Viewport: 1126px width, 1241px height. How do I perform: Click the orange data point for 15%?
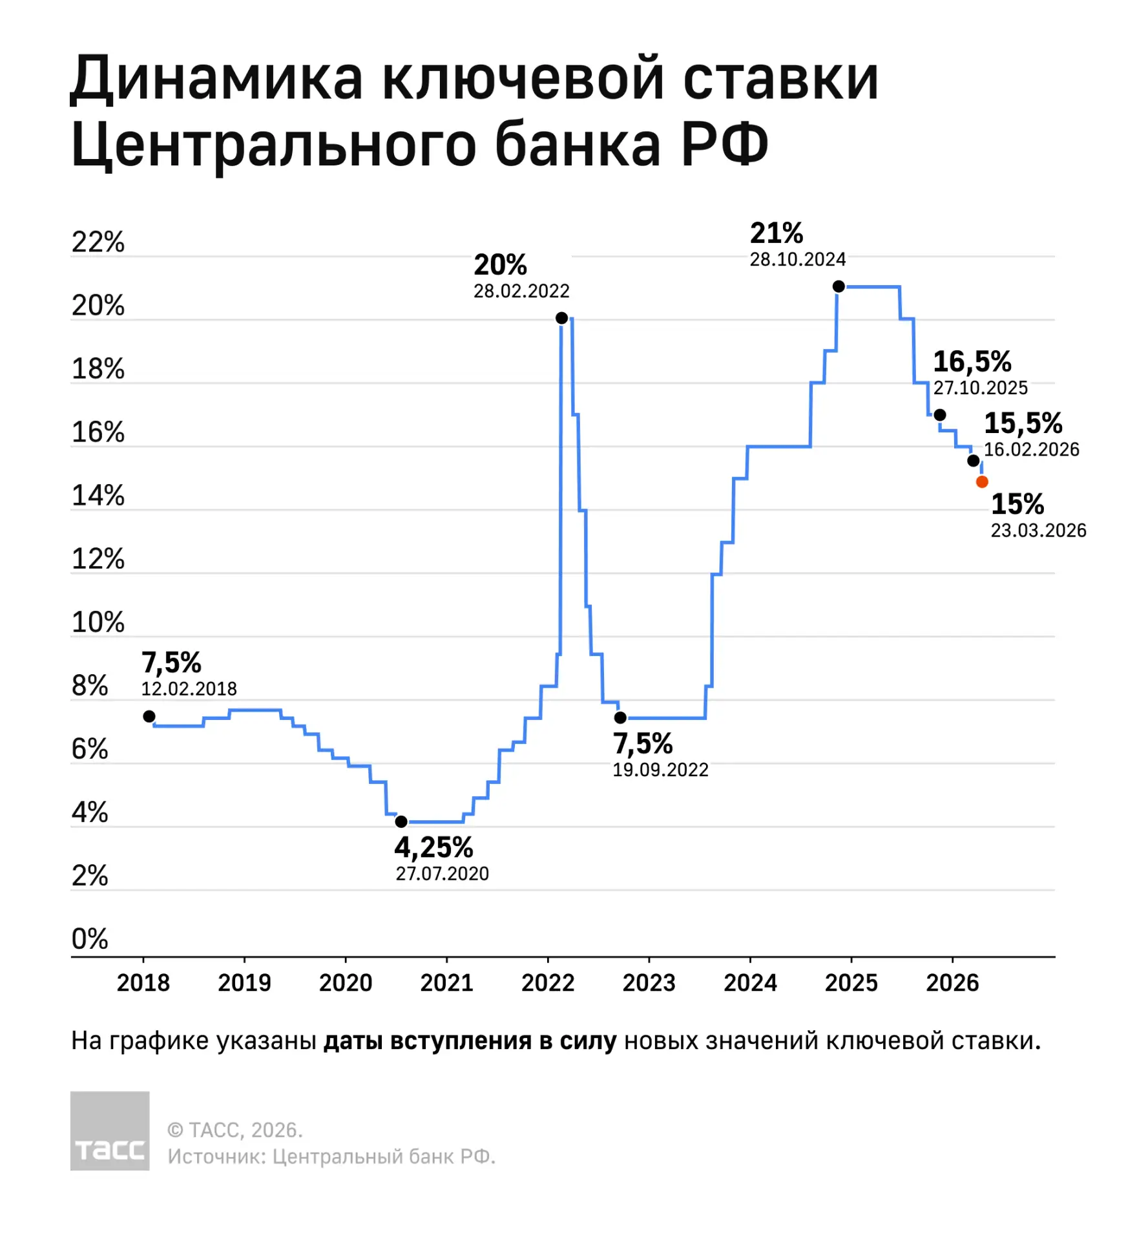tap(981, 482)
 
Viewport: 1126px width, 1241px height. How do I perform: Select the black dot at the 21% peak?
tap(838, 286)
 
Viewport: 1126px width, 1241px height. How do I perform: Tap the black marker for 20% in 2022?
tap(561, 318)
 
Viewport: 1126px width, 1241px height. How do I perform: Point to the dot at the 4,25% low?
tap(401, 822)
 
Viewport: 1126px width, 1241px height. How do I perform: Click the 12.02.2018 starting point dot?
tap(149, 716)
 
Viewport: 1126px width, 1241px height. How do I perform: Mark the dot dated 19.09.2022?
tap(620, 717)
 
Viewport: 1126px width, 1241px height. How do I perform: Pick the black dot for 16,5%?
tap(939, 415)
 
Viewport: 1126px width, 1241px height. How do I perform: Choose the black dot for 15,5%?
tap(973, 461)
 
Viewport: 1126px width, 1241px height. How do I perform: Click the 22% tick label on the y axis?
tap(98, 242)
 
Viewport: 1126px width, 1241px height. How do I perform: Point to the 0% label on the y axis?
tap(89, 939)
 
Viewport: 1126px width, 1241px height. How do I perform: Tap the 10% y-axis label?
tap(98, 622)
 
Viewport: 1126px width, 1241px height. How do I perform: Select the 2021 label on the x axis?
tap(446, 983)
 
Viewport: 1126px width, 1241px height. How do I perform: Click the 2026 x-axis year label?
tap(952, 983)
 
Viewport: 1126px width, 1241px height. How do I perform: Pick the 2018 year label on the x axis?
tap(143, 983)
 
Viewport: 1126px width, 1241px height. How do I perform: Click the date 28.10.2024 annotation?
tap(797, 260)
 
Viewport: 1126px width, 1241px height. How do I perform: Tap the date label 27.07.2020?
tap(442, 874)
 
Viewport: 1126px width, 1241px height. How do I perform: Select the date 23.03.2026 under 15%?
tap(1038, 531)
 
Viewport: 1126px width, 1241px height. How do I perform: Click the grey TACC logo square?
tap(110, 1130)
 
